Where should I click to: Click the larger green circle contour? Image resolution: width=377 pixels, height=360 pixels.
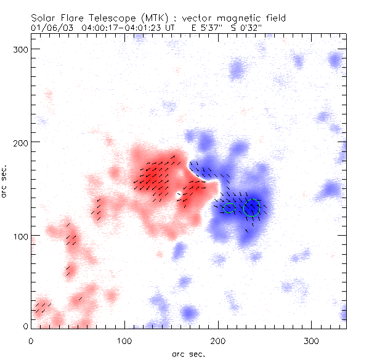click(251, 207)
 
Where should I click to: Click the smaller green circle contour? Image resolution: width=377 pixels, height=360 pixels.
click(229, 207)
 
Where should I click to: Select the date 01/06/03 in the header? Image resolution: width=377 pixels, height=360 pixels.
click(49, 28)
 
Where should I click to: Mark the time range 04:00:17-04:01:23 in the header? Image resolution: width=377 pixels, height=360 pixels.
click(124, 28)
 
